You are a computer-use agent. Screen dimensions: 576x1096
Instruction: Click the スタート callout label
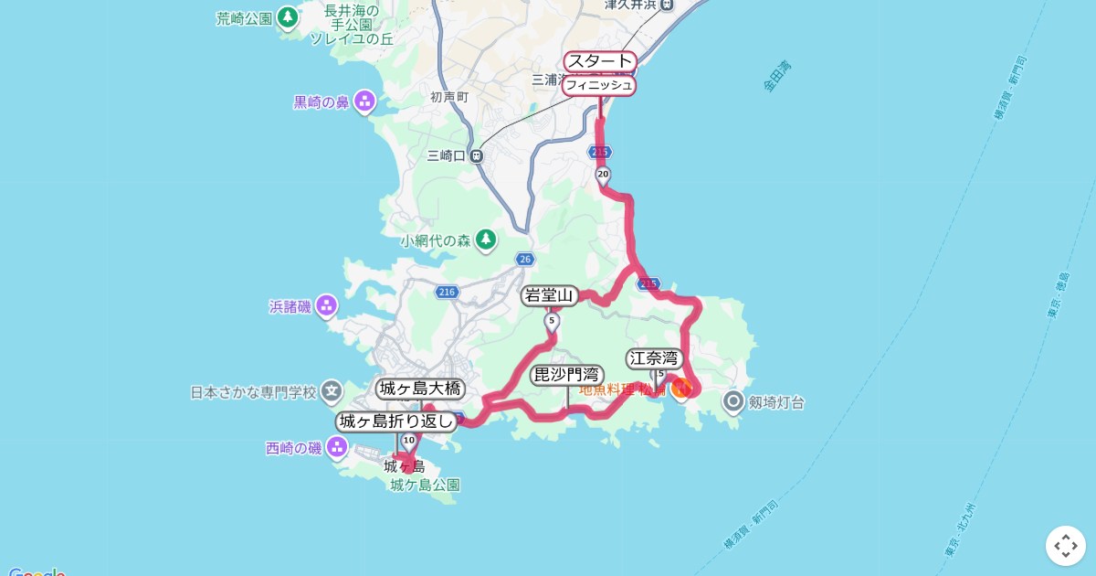tap(600, 61)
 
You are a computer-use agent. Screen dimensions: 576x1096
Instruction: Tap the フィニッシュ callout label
tap(598, 86)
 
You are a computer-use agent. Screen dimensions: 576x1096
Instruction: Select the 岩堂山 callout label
tap(550, 295)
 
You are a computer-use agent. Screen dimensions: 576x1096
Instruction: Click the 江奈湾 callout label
tap(655, 358)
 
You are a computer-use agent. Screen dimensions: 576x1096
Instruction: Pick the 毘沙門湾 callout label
tap(566, 375)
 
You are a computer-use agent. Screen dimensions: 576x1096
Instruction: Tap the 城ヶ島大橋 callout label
tap(420, 389)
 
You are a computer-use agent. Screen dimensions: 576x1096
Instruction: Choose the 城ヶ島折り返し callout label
tap(396, 421)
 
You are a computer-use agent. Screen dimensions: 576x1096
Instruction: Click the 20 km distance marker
tap(602, 174)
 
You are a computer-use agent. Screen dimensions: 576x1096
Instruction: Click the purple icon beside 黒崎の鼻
tap(365, 101)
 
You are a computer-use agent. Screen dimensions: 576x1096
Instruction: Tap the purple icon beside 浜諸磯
tap(327, 305)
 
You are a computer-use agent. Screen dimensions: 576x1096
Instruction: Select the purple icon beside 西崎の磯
tap(337, 447)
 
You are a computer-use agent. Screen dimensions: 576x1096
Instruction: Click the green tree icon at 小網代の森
tap(486, 240)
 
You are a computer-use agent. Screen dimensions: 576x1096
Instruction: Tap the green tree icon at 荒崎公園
tap(289, 17)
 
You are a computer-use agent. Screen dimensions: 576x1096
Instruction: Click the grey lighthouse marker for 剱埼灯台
tap(733, 401)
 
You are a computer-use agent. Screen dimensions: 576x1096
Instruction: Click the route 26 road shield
tap(523, 260)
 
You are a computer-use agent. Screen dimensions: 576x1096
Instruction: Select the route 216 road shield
tap(446, 292)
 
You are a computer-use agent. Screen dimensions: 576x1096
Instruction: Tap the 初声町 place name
tap(449, 96)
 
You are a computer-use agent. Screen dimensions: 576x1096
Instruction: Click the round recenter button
tap(1065, 546)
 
